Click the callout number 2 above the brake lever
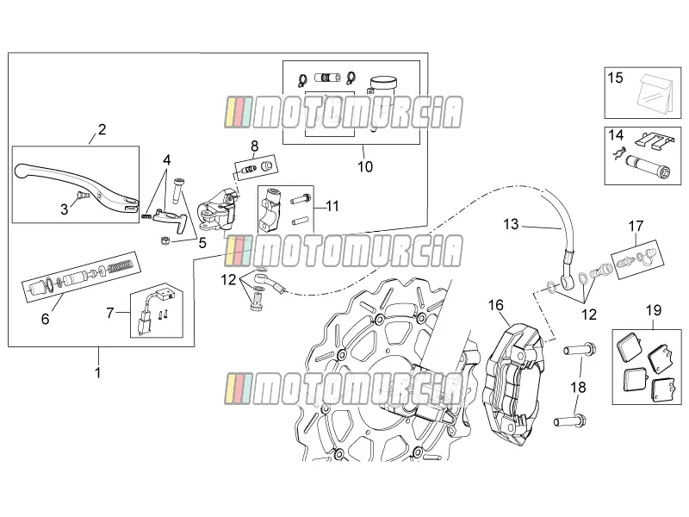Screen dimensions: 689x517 [x=102, y=129]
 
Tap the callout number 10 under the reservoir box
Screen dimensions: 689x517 [x=365, y=166]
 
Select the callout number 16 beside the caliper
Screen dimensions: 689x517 [x=496, y=305]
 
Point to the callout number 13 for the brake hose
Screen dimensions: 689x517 [x=511, y=224]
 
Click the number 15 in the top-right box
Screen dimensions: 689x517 [x=615, y=78]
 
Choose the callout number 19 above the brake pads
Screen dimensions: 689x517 [x=654, y=310]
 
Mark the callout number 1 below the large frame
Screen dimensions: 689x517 [x=98, y=372]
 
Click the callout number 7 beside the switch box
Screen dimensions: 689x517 [x=110, y=313]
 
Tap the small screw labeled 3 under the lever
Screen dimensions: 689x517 [x=81, y=196]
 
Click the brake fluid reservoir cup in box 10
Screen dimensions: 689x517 [x=382, y=84]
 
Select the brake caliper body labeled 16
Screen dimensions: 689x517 [x=513, y=383]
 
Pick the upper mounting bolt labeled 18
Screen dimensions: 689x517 [x=580, y=351]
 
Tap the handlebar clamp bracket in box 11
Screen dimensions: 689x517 [x=270, y=209]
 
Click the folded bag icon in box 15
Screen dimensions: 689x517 [x=654, y=93]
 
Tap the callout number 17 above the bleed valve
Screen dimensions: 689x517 [x=636, y=226]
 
